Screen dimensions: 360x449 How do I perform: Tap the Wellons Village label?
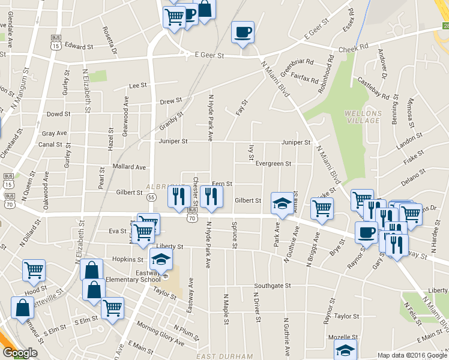pos(362,117)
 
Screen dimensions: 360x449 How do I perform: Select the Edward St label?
pos(80,46)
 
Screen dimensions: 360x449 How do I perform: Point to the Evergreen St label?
pos(273,163)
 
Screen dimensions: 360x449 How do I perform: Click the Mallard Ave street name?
pos(129,167)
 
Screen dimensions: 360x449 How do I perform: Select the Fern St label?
pos(222,184)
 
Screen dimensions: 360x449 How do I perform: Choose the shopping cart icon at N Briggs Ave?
pos(322,208)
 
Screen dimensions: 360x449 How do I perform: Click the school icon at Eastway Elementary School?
pos(160,259)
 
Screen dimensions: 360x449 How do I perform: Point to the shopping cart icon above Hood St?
pos(34,269)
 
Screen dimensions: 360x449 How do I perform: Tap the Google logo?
pos(20,353)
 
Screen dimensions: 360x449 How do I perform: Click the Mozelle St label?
pos(346,337)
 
